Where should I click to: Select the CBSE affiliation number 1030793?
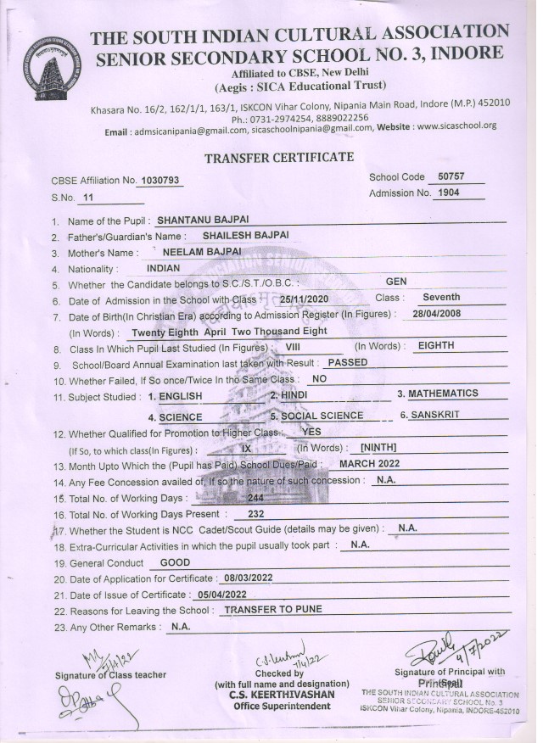(160, 181)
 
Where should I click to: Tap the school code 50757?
(445, 177)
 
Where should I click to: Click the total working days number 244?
(255, 498)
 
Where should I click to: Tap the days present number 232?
(256, 514)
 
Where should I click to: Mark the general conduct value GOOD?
(174, 562)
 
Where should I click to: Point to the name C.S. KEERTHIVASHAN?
(281, 695)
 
